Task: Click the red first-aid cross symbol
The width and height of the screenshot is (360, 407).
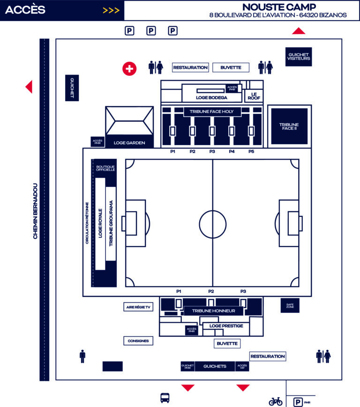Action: (129, 69)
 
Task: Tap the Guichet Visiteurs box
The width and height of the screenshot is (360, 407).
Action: (299, 57)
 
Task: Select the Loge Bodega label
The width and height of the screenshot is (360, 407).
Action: (211, 97)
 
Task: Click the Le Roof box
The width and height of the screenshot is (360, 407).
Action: (254, 96)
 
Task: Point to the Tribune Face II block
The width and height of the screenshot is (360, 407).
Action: (289, 126)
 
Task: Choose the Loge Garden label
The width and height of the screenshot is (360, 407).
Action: (129, 143)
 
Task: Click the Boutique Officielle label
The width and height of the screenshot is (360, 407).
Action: (105, 168)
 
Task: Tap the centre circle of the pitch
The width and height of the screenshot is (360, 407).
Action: (213, 211)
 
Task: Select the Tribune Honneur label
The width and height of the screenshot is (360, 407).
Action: (213, 311)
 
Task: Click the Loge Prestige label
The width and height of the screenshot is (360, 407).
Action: (226, 326)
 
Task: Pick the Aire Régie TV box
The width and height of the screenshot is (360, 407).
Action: (138, 307)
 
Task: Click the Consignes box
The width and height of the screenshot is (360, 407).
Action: (138, 341)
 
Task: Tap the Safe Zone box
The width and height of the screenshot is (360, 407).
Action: (290, 305)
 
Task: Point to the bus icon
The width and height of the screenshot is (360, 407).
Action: (165, 398)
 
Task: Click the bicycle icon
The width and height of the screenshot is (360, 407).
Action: (276, 401)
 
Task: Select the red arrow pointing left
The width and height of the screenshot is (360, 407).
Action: (29, 87)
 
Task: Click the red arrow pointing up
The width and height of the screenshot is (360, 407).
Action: (299, 30)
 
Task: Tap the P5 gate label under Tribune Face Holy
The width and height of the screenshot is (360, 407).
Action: (251, 151)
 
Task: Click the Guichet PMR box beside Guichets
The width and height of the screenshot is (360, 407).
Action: (187, 366)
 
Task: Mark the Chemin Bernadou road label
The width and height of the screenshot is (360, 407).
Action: (35, 211)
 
